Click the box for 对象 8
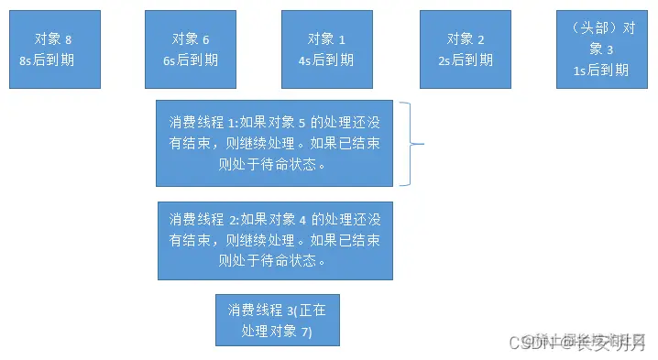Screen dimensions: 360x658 coord(54,49)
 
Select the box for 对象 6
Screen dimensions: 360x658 coord(191,49)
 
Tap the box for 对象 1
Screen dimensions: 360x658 coord(327,49)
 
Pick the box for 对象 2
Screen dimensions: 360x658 coord(466,49)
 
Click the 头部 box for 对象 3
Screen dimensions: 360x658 coord(602,49)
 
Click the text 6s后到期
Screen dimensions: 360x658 coord(191,60)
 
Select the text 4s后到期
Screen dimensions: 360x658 coord(327,60)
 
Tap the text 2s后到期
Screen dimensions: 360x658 coord(466,60)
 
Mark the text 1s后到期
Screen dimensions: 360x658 coord(602,70)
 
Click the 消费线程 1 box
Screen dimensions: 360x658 coord(274,143)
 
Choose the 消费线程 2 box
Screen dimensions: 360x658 coord(274,240)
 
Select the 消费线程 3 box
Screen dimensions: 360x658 coord(277,321)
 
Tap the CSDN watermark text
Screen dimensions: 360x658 coord(576,344)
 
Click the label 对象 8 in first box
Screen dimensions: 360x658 coord(53,39)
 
